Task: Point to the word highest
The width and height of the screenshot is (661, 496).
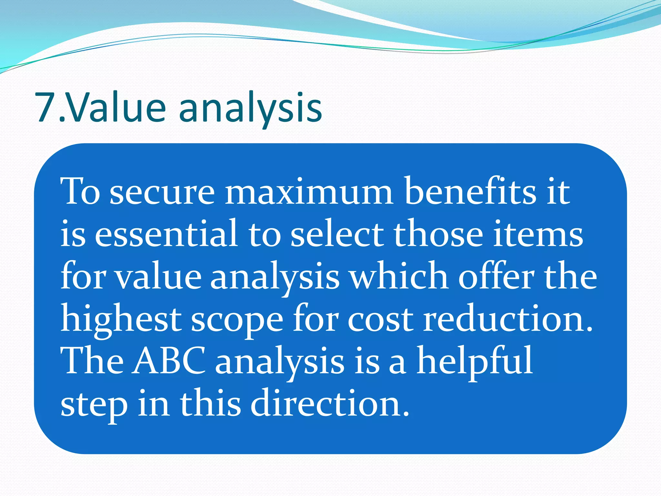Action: click(121, 320)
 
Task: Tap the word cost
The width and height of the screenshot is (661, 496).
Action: click(381, 320)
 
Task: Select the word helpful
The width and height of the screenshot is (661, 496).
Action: click(474, 362)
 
